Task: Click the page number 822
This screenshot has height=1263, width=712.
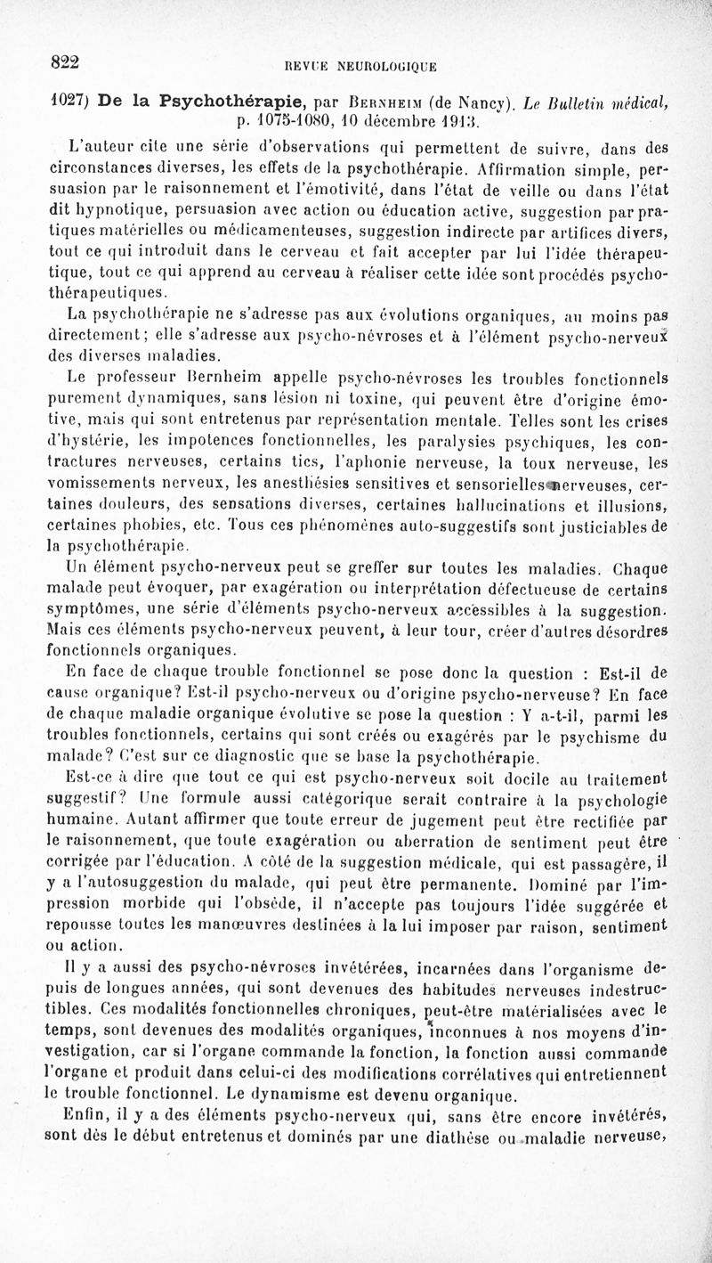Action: point(65,61)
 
